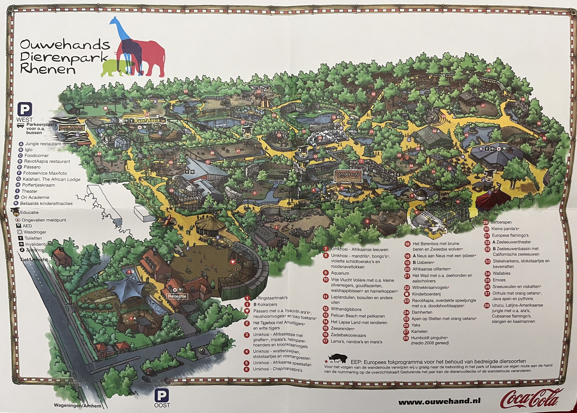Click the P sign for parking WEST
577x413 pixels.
25,109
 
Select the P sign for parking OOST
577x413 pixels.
162,396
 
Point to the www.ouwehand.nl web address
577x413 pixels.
439,402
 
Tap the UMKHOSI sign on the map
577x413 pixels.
348,176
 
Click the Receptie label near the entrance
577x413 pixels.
177,296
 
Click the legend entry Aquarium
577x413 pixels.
340,273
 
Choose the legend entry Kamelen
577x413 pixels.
419,331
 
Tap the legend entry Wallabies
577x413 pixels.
501,273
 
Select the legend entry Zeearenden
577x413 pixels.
342,329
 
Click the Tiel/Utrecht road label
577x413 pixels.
34,260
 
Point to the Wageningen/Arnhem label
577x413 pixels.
77,406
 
